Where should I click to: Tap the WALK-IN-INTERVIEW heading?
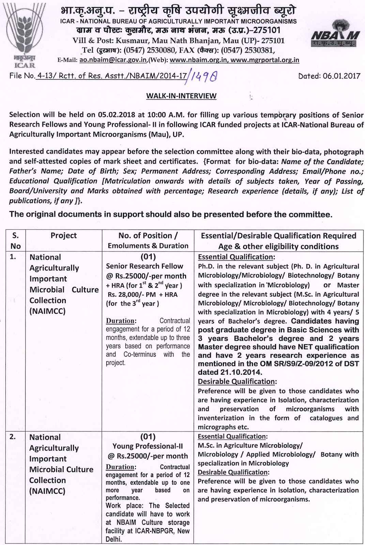[181, 96]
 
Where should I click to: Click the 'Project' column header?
[64, 236]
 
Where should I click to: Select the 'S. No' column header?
[16, 241]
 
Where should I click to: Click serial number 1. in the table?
[13, 257]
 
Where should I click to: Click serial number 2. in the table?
[13, 437]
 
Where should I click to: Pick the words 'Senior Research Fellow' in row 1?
[145, 266]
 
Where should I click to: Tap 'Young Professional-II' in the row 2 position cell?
[148, 446]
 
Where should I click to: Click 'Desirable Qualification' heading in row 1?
[236, 381]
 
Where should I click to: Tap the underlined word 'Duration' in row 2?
[120, 467]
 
